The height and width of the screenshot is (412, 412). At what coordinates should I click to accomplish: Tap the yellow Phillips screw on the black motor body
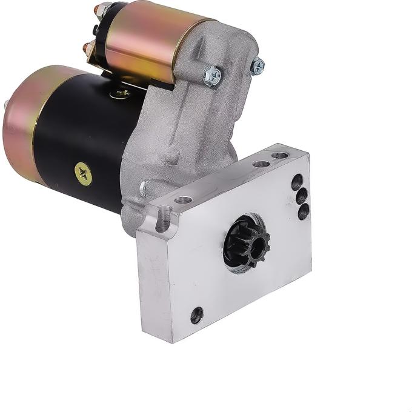point(84,174)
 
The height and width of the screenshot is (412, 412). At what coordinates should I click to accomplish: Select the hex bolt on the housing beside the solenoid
point(213,75)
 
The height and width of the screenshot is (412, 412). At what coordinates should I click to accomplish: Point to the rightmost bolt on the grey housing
point(258,65)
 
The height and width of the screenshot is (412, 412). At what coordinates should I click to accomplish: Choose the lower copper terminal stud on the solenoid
point(89,47)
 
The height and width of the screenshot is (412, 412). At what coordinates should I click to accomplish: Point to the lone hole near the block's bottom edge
point(196,314)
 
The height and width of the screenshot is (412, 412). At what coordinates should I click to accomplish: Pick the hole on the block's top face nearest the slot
point(183,199)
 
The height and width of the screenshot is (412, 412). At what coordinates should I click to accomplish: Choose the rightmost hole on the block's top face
point(279,156)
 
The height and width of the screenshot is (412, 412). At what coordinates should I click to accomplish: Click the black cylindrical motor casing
point(91,139)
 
